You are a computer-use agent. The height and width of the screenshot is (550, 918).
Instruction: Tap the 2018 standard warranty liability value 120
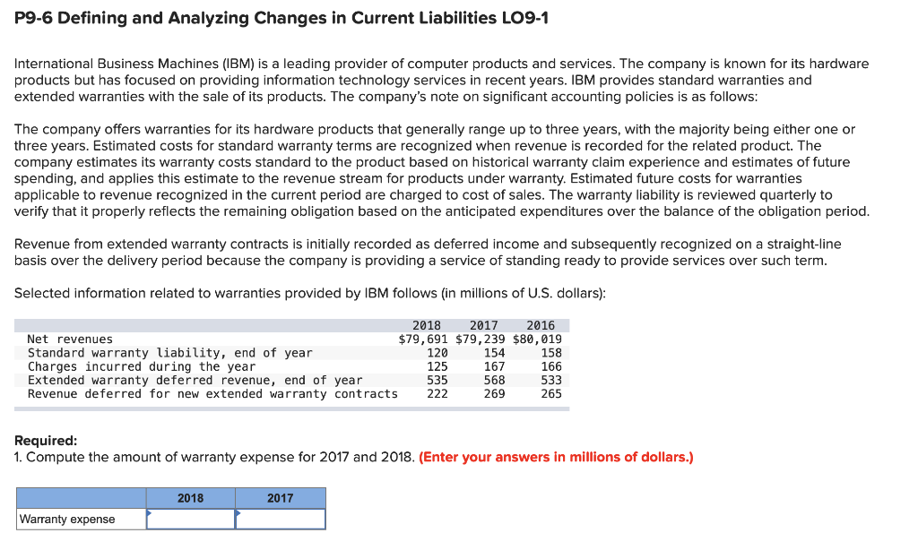click(x=437, y=353)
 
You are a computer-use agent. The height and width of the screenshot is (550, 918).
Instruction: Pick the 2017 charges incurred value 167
click(x=494, y=366)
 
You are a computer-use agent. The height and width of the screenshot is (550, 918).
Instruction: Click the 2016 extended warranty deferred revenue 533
click(x=551, y=380)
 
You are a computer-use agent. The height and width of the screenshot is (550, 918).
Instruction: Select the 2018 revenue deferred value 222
click(x=437, y=394)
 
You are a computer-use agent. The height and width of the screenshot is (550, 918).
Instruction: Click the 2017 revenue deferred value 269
click(x=494, y=394)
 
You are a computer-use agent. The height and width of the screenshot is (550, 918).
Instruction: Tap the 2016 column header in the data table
click(x=541, y=325)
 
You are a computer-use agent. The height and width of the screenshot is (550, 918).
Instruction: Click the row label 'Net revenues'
click(x=70, y=339)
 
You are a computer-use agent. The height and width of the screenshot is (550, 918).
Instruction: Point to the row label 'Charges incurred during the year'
click(x=142, y=366)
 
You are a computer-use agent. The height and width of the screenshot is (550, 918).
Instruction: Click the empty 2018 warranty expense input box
click(x=191, y=519)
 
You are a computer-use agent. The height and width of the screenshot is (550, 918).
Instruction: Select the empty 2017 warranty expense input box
click(x=281, y=519)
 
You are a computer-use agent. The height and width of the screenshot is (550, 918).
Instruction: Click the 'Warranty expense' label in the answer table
click(x=67, y=520)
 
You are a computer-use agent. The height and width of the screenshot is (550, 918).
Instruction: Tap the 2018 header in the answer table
click(x=190, y=498)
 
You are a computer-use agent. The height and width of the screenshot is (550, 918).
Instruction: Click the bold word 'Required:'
click(x=46, y=441)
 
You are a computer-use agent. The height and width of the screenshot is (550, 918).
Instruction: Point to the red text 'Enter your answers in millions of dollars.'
click(x=556, y=457)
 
